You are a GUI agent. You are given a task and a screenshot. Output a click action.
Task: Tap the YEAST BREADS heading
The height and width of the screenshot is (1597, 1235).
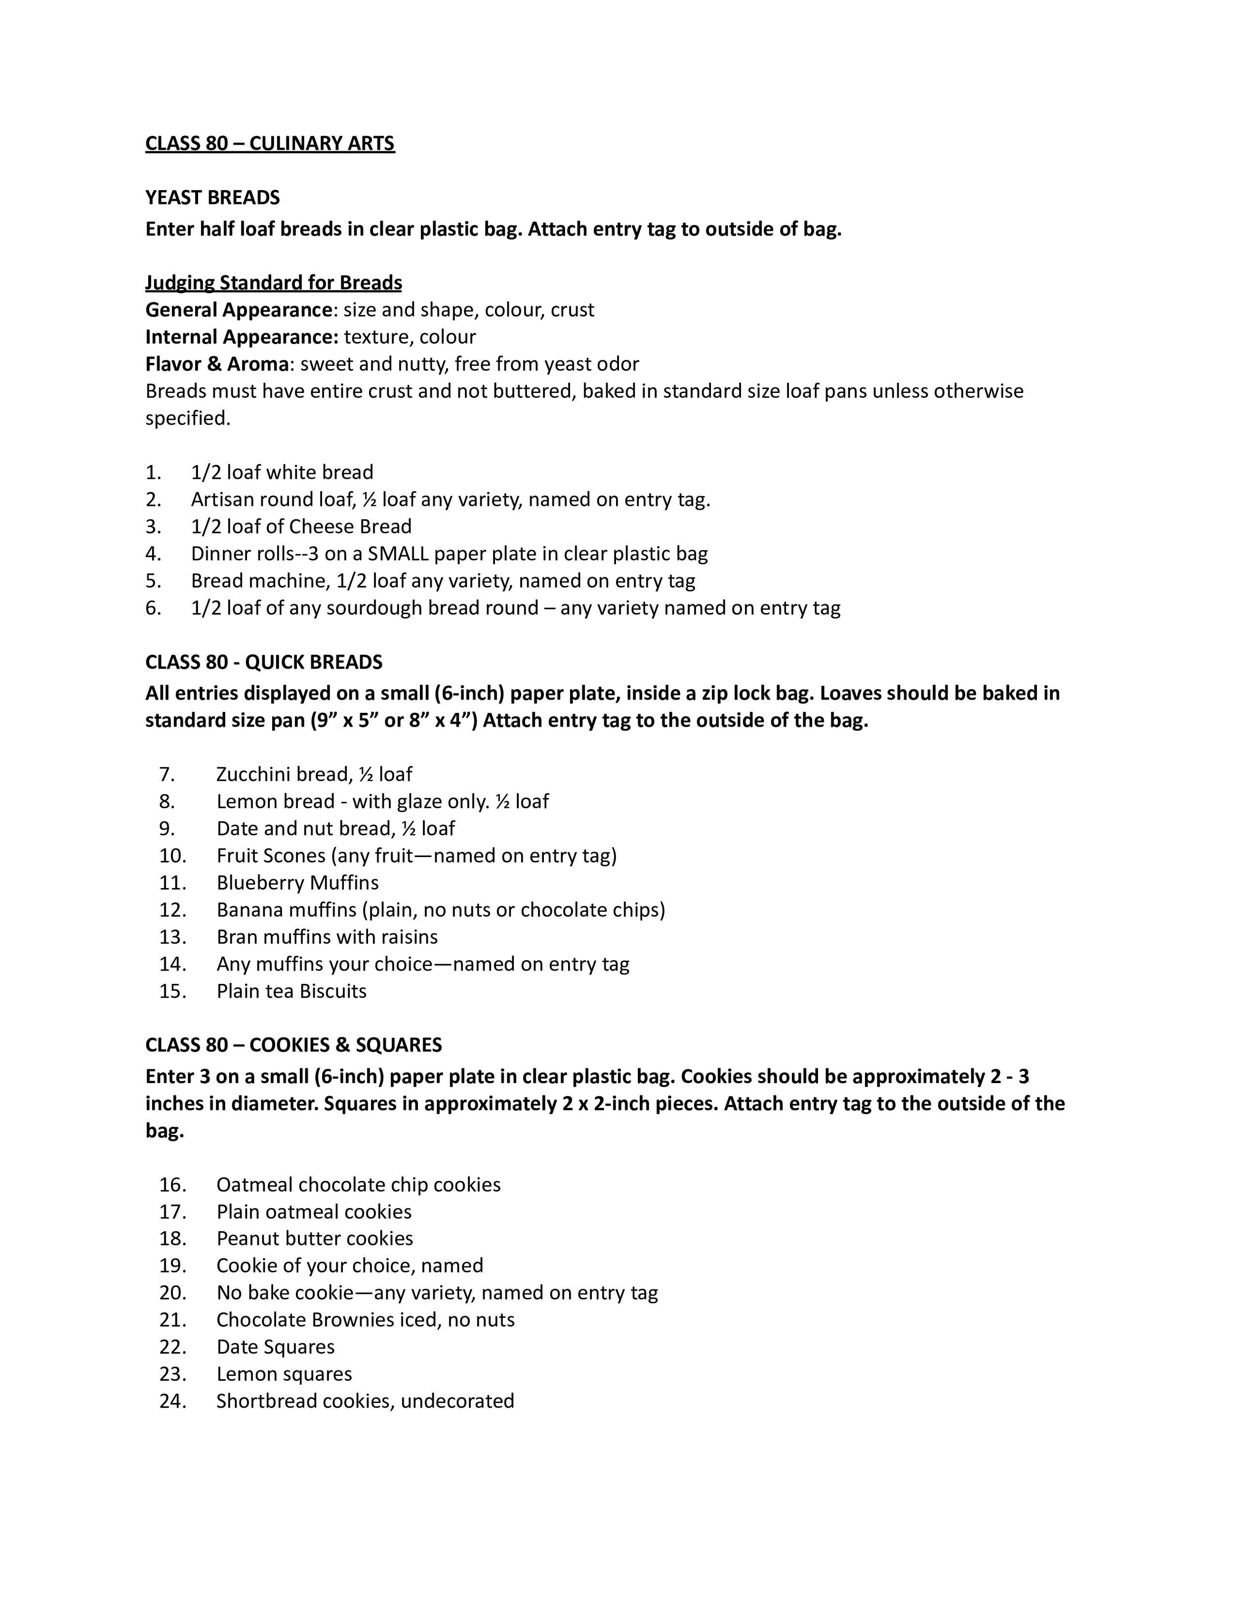coord(212,197)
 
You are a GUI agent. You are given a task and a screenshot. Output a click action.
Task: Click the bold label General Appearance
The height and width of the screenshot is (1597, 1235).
coord(239,310)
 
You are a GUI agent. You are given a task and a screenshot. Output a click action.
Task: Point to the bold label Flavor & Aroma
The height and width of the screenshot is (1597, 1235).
coord(216,364)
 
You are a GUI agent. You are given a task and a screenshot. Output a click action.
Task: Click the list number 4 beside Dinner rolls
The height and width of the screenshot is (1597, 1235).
coord(153,553)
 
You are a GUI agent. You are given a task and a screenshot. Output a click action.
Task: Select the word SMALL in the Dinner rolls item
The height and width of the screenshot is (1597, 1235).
coord(398,553)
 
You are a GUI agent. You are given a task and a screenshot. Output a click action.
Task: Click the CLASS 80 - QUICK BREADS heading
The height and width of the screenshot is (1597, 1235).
coord(263,662)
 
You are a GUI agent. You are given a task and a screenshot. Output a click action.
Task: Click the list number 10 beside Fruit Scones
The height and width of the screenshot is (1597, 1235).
coord(173,856)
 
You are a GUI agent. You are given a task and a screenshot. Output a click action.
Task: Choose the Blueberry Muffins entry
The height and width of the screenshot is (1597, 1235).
coord(297,883)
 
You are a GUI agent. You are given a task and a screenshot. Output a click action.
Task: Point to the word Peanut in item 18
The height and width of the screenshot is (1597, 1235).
coord(246,1238)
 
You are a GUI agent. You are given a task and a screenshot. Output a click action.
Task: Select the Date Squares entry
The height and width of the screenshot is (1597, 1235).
coord(275,1346)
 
